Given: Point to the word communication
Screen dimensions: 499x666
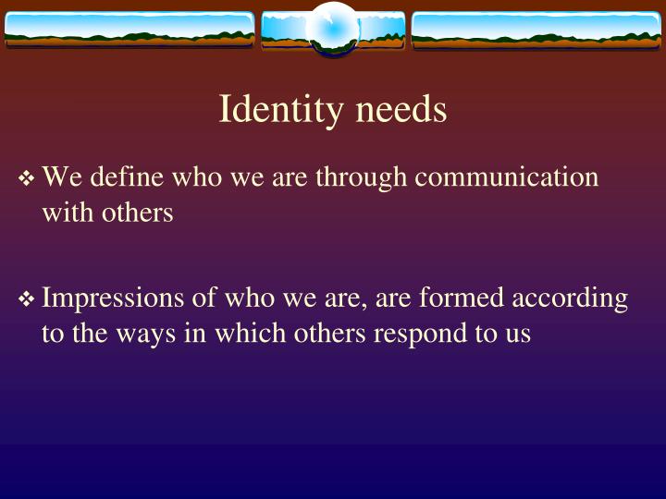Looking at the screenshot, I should click(506, 176).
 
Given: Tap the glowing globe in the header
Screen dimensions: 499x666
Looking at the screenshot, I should click(332, 29).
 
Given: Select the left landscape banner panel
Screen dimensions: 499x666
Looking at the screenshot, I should click(129, 30).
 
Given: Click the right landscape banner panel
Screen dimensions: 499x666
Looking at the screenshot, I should click(536, 30).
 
